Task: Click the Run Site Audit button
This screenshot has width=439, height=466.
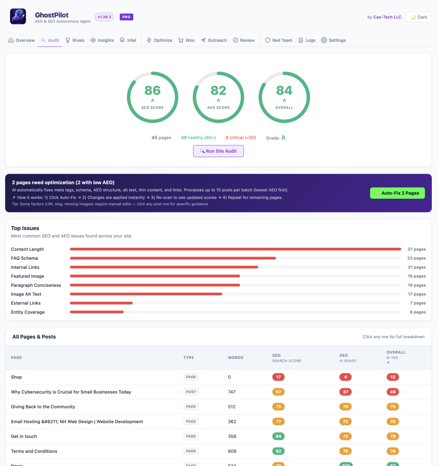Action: click(x=218, y=151)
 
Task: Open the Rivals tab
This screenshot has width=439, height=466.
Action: click(x=75, y=40)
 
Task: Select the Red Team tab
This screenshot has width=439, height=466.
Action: click(x=278, y=40)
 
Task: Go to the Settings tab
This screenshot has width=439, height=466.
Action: click(x=333, y=40)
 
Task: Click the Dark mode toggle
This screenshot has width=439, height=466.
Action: click(x=418, y=17)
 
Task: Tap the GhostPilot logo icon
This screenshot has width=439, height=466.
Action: click(x=18, y=16)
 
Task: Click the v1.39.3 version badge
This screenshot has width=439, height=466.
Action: click(x=104, y=17)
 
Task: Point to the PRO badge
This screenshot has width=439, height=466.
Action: click(x=126, y=17)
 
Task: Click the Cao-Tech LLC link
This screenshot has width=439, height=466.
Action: click(x=387, y=17)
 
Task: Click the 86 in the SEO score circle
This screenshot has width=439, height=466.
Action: click(x=152, y=90)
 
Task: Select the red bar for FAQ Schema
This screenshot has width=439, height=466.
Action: click(x=173, y=258)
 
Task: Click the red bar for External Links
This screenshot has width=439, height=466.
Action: click(x=101, y=303)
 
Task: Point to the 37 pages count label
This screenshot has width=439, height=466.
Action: click(x=416, y=249)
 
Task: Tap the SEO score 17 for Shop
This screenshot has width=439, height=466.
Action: click(x=278, y=377)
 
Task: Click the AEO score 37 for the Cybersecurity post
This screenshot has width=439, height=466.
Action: click(x=345, y=392)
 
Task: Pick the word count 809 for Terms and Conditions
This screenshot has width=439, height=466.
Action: click(x=232, y=451)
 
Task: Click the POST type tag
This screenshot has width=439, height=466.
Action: click(x=191, y=392)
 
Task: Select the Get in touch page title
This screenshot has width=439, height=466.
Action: click(x=24, y=437)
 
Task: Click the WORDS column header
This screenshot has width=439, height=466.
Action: click(x=236, y=358)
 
